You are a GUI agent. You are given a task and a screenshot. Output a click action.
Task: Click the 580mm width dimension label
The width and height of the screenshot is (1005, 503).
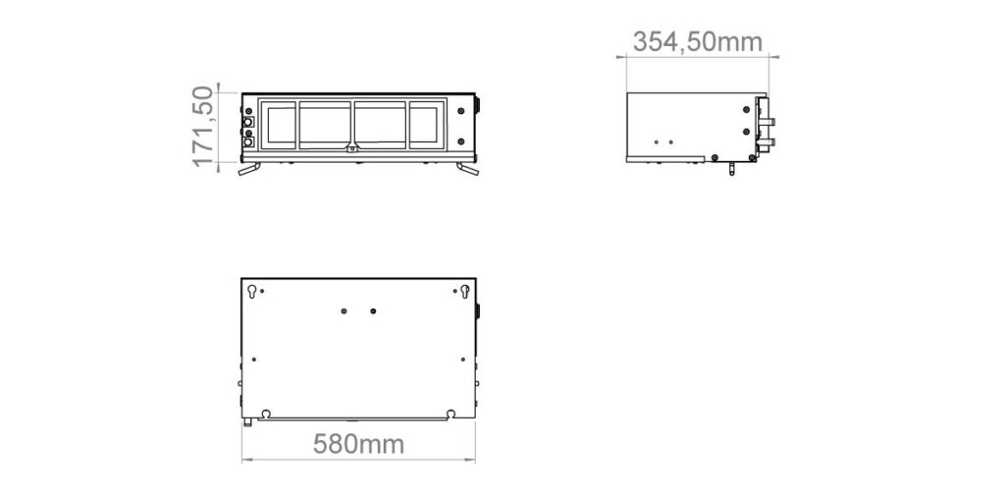point(358,444)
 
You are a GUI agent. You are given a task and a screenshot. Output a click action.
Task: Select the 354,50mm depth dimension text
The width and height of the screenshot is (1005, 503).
point(698,42)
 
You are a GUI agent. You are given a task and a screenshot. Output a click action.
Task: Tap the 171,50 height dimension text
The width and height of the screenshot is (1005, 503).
point(203,127)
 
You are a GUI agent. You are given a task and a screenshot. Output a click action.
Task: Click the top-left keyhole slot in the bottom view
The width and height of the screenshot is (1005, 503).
point(252,291)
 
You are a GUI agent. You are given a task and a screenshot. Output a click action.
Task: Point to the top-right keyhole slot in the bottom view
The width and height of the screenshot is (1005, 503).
point(464,291)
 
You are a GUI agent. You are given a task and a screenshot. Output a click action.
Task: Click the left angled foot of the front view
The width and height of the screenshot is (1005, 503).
point(249,169)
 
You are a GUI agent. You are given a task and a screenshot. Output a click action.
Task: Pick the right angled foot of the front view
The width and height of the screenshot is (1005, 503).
point(468,169)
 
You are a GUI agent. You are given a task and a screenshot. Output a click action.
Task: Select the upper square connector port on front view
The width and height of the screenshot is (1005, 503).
point(248,121)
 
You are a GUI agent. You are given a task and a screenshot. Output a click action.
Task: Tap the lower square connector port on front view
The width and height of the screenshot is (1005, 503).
point(248,141)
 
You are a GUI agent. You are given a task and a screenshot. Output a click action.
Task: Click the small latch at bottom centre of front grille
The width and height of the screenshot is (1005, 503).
point(352,149)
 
